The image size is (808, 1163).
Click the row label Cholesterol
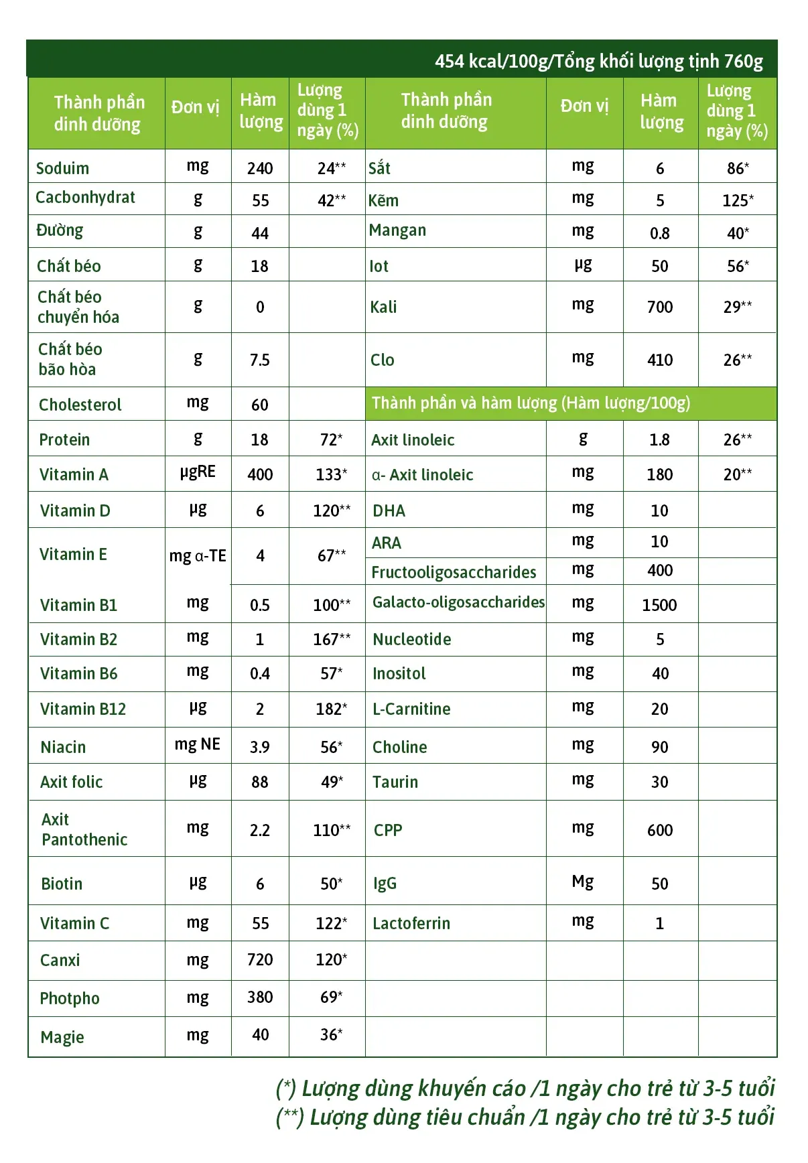[80, 405]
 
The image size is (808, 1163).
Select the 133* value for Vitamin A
[331, 474]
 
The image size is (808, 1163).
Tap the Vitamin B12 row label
[83, 709]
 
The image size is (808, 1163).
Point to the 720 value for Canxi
[260, 960]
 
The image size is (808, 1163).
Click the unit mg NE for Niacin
[198, 744]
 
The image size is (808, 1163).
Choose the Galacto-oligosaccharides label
[458, 602]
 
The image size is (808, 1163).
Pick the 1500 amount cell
[659, 605]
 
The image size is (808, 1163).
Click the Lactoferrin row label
[411, 923]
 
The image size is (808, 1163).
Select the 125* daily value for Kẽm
[738, 200]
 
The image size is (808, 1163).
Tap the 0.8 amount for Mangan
[659, 233]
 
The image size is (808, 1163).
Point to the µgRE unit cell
[198, 472]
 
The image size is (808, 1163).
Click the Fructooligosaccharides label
[454, 572]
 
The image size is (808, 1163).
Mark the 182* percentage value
[331, 709]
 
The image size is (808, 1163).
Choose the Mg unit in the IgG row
[583, 882]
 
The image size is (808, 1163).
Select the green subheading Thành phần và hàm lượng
[531, 403]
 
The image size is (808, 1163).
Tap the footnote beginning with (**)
[525, 1117]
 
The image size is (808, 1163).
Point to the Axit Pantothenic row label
[84, 829]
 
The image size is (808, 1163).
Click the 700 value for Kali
[659, 307]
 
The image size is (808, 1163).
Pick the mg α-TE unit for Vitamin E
[198, 556]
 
